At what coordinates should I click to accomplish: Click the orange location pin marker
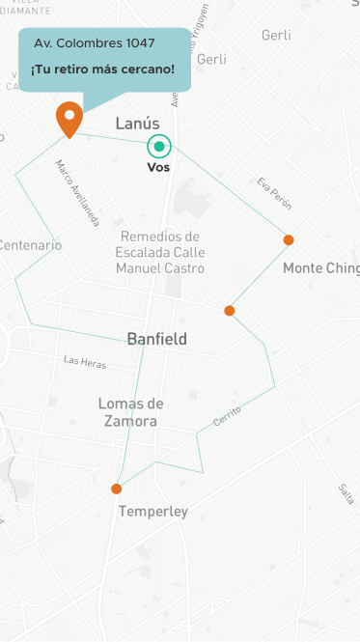pos(69,118)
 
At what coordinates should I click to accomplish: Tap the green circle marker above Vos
pos(159,147)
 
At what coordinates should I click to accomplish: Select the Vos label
pos(158,168)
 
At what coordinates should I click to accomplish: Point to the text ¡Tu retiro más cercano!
pos(102,70)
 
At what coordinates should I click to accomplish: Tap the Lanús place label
pos(137,124)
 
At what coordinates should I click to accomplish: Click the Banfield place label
pos(157,339)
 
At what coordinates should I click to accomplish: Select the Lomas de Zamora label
pos(131,411)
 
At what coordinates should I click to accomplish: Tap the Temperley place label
pos(152,512)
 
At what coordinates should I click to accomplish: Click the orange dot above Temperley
pos(117,488)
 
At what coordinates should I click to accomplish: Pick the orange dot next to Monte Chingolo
pos(288,239)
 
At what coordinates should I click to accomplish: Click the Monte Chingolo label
pos(320,268)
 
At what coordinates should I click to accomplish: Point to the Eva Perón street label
pos(274,193)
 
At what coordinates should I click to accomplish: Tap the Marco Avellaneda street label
pos(78,193)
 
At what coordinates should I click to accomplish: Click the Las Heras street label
pos(85,362)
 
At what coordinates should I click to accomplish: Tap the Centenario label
pos(30,245)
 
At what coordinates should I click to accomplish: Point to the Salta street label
pos(346,492)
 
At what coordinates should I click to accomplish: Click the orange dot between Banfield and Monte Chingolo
pos(230,311)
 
